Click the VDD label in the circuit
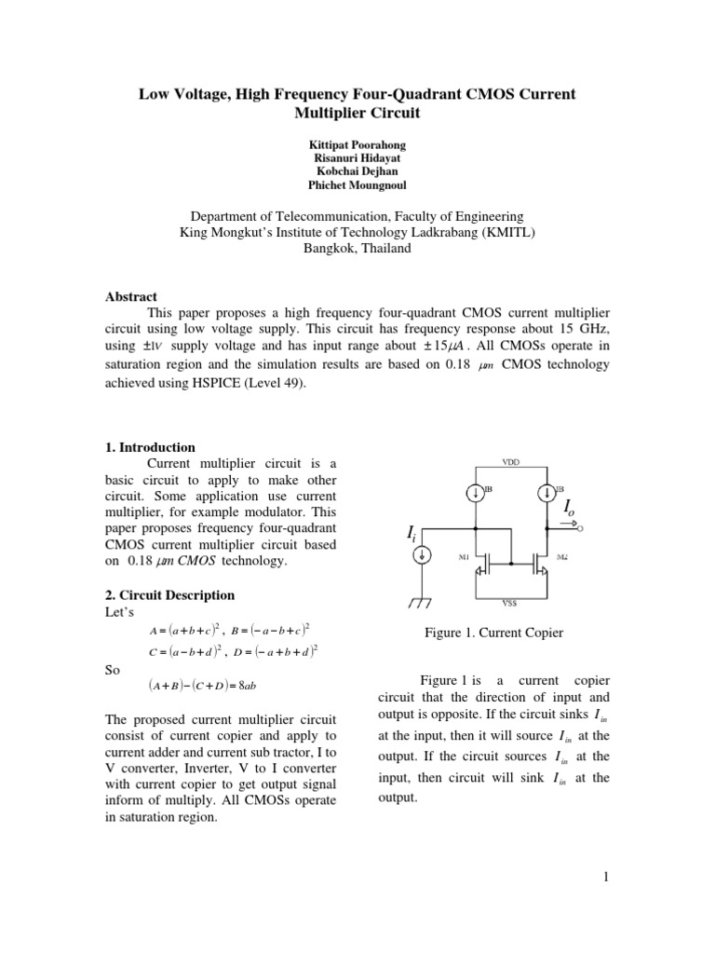[x=511, y=462]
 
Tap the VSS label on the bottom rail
[x=510, y=603]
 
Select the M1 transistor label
[x=465, y=557]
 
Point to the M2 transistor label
[x=561, y=557]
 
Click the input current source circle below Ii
[x=422, y=555]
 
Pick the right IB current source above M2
[x=548, y=492]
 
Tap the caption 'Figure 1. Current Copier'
[x=493, y=634]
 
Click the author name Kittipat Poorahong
[x=357, y=147]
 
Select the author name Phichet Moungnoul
[x=357, y=186]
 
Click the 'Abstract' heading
[x=130, y=296]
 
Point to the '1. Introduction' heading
[x=150, y=447]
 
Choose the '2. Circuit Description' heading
[x=169, y=594]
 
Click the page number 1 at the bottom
[x=605, y=876]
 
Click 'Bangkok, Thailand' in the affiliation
[x=357, y=249]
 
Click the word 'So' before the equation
[x=112, y=668]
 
